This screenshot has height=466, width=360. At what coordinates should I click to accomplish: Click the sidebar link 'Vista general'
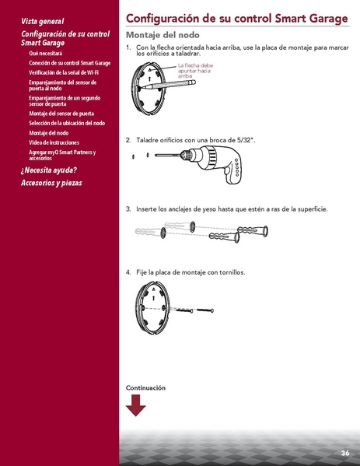(x=43, y=21)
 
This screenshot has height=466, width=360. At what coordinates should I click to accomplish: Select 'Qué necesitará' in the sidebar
(x=45, y=53)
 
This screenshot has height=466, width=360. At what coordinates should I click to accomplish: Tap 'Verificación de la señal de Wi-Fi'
(x=64, y=72)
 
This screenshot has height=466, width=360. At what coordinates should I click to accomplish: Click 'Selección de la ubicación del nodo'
(x=67, y=123)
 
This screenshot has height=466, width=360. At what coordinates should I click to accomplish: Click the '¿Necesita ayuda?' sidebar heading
(x=48, y=170)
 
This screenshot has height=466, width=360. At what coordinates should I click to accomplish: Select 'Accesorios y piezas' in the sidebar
(x=51, y=183)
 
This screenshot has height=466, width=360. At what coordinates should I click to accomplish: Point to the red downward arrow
(x=135, y=405)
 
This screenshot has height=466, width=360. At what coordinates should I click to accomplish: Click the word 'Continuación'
(x=145, y=387)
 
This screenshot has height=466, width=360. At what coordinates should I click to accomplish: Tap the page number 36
(x=344, y=453)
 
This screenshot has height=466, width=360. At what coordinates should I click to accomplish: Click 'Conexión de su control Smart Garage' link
(x=69, y=62)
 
